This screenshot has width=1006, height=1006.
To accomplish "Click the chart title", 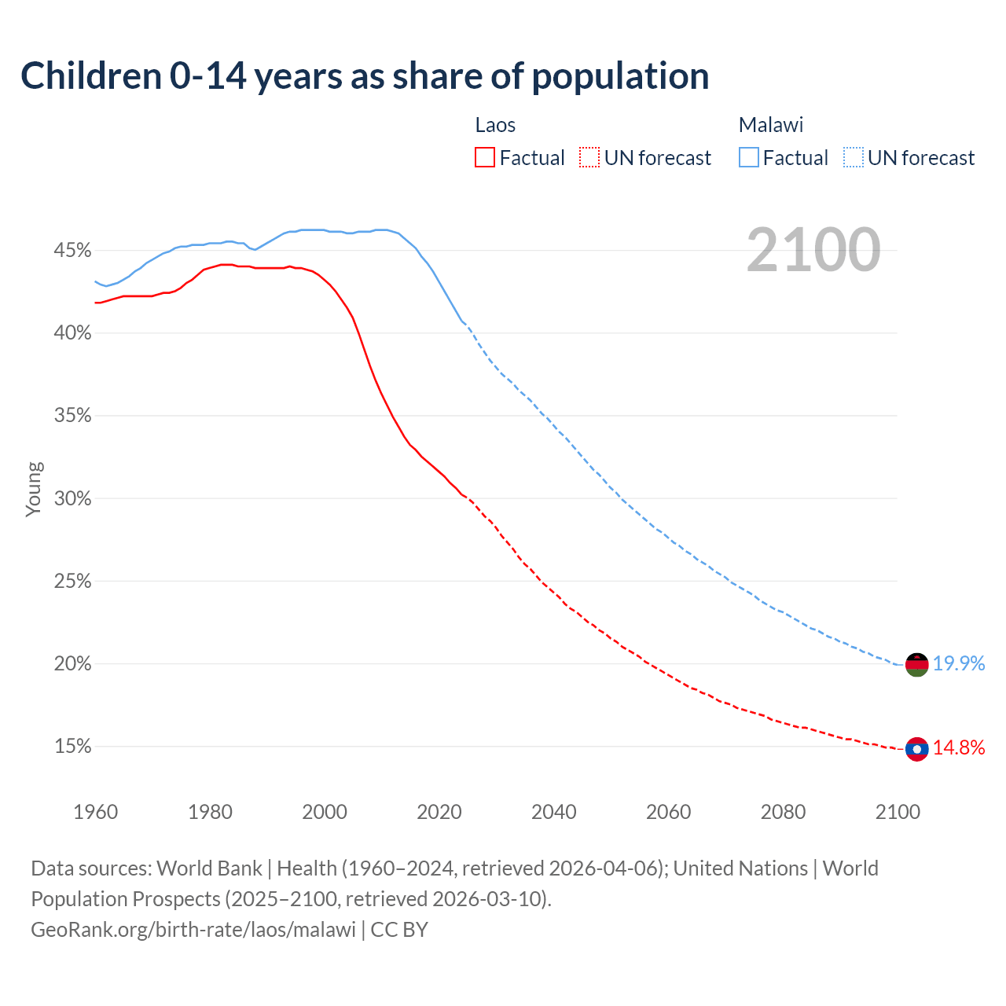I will coord(365,76).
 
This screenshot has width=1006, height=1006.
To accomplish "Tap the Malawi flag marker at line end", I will coord(916,664).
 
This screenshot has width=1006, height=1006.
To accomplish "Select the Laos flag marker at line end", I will coord(916,749).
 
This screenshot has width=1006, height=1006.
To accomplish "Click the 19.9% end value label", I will coord(959,664).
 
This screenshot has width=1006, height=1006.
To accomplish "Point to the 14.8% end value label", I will coord(959,747).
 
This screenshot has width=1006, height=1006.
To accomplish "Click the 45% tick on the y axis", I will coord(72,251).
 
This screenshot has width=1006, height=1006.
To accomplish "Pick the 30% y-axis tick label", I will coord(72,499).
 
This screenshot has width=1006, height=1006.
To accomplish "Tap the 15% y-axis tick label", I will coord(72,747).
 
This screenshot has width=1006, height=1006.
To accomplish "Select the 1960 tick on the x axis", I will coord(95,812).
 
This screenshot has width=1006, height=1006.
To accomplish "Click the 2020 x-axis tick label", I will coord(439,812).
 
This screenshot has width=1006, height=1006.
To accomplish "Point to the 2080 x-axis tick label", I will coord(783,812).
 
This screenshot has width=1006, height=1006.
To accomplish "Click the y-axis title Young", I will coord(34,489).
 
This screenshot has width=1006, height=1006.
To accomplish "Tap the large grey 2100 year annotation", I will coord(813,250).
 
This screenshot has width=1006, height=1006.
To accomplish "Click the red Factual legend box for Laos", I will coord(485,158).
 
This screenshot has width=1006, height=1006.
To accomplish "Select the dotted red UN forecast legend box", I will coord(589,158).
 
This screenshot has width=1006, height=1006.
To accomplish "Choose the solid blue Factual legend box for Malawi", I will coord(749,158).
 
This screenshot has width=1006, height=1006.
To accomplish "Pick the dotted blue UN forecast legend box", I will coord(854,158).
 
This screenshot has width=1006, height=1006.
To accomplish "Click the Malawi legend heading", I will coord(771,125).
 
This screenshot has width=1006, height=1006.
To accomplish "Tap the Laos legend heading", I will coord(495,125).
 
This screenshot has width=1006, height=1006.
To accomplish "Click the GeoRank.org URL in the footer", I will coord(193,930).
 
